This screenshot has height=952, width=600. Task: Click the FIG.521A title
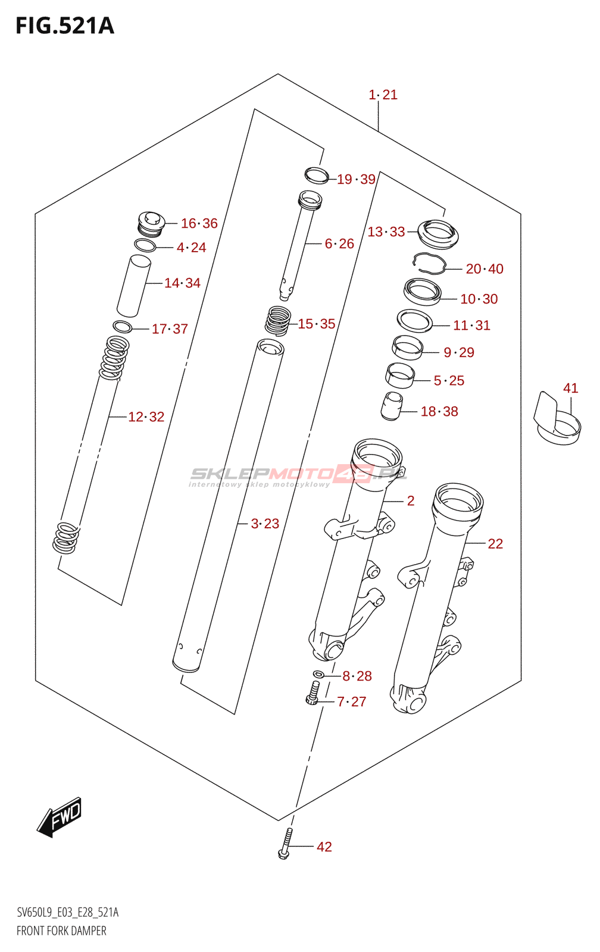tap(64, 26)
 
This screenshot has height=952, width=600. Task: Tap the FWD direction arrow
tap(60, 818)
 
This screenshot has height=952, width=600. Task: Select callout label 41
tap(570, 389)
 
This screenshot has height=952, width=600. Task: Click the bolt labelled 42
tap(286, 845)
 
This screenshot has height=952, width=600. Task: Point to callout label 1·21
tap(383, 95)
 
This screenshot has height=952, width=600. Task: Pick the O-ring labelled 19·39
tap(317, 176)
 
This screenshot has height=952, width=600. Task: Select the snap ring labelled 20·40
tap(430, 263)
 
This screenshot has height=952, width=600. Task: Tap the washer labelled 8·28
tap(318, 674)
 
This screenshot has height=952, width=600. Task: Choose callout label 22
tap(495, 544)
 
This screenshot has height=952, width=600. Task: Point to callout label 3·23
tap(265, 524)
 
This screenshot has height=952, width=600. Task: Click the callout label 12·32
tap(146, 417)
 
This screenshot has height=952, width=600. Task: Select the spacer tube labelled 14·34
tap(133, 286)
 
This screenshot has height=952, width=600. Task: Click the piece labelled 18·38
tap(391, 406)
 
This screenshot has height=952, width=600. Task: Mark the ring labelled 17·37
tap(122, 327)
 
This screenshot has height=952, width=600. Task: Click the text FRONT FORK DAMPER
tap(61, 931)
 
